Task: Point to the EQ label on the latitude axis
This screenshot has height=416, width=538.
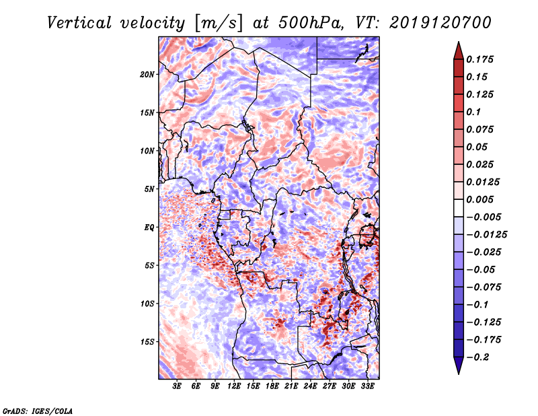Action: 149,228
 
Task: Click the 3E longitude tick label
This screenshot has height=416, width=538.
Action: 178,386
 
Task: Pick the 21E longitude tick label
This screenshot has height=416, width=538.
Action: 291,386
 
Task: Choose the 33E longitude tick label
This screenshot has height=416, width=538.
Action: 367,386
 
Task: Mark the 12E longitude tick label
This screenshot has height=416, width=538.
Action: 234,386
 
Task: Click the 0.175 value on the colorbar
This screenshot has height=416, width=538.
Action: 482,59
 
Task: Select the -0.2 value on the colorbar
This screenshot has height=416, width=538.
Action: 482,357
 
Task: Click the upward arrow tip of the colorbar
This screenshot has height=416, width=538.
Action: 458,44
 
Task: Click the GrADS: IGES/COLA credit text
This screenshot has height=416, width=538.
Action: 37,410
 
